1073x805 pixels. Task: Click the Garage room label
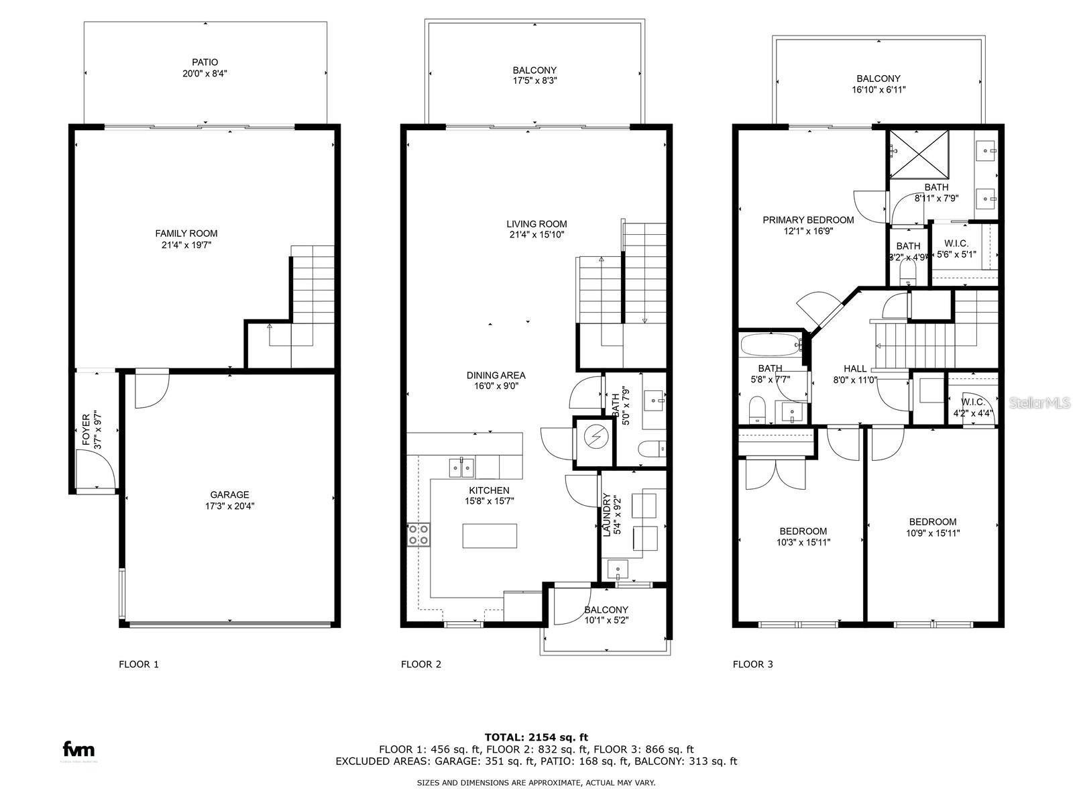[229, 495]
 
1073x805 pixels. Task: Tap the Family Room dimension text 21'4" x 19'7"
[186, 246]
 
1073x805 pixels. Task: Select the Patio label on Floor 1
[205, 62]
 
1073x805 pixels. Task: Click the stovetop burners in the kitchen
[418, 535]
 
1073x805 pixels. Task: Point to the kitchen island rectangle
[490, 536]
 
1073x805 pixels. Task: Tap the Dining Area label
[496, 375]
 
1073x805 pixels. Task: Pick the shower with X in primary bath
[919, 154]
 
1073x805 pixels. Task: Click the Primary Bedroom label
[808, 220]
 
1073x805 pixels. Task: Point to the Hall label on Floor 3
[855, 368]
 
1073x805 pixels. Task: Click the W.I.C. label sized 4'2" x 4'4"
[972, 402]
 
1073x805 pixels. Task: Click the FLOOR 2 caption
[420, 664]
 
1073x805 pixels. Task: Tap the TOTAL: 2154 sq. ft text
[536, 737]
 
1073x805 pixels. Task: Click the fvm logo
[78, 749]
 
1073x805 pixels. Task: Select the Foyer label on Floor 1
[86, 430]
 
